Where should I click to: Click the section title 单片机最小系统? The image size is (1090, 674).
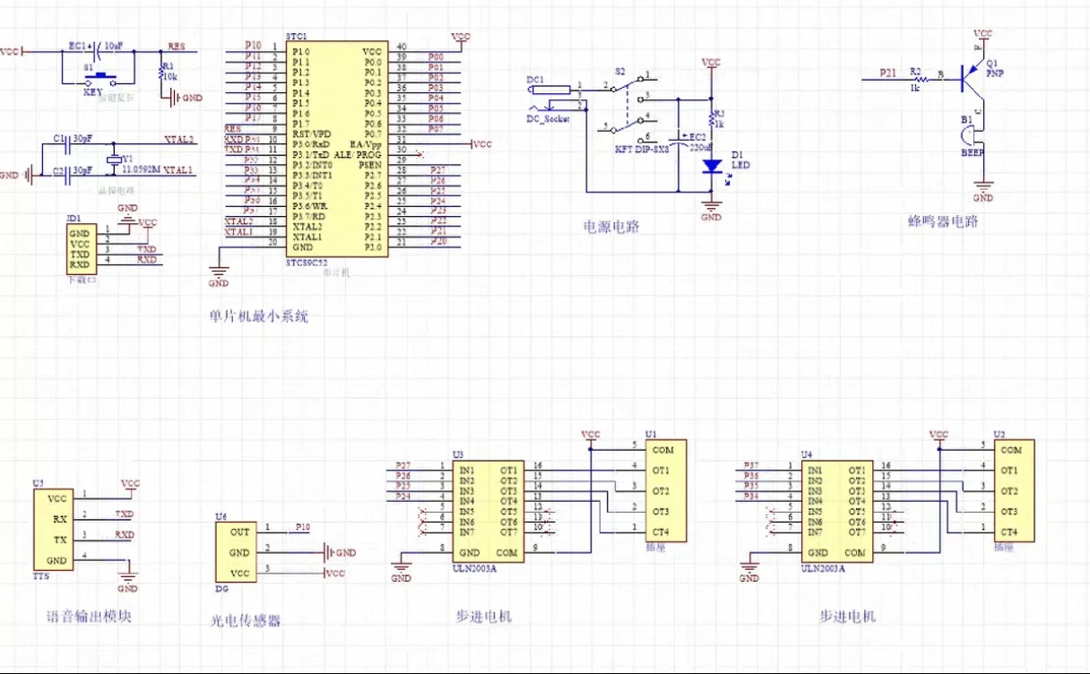pos(257,316)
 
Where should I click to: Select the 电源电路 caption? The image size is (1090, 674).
pos(611,227)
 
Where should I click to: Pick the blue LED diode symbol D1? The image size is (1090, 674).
pos(711,166)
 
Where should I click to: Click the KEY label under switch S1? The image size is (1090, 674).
pos(92,91)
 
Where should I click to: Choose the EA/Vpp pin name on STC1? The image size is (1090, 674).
pos(366,144)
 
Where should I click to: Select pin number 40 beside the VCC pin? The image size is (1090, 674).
pos(401,47)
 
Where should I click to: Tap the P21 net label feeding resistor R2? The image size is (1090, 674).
pos(887,72)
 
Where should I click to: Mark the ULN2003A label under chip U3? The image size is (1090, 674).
pos(474,566)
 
